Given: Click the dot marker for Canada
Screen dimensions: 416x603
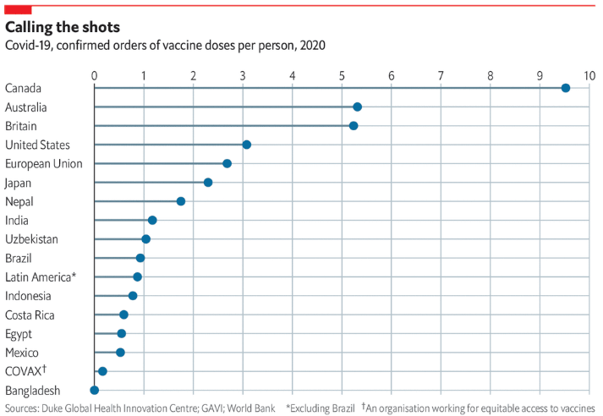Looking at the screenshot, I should click(x=565, y=88).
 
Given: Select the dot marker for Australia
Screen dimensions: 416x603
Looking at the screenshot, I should click(x=357, y=107).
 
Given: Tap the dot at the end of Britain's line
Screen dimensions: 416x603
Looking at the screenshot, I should click(x=354, y=126).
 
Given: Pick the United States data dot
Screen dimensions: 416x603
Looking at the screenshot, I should click(x=247, y=145).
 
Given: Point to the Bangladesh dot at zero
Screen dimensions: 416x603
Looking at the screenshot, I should click(x=94, y=390).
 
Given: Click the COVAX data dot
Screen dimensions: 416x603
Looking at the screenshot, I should click(x=102, y=371).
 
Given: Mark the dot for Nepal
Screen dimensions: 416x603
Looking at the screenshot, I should click(x=181, y=201).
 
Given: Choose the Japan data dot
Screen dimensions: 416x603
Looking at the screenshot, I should click(x=208, y=183).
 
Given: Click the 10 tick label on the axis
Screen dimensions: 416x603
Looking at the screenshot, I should click(x=589, y=75).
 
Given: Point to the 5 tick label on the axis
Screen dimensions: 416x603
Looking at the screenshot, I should click(x=342, y=75).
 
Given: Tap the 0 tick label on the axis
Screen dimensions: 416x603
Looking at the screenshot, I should click(x=94, y=75).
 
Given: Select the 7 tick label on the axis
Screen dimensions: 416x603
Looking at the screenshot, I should click(x=441, y=75).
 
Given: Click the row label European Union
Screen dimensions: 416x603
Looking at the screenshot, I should click(x=43, y=163).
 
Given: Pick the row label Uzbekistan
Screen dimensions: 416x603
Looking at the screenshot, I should click(x=31, y=239).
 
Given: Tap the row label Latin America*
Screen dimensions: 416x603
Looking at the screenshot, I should click(x=41, y=276).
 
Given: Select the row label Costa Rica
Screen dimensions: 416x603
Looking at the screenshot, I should click(x=30, y=315).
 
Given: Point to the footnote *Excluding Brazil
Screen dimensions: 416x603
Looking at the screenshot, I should click(x=321, y=408).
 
